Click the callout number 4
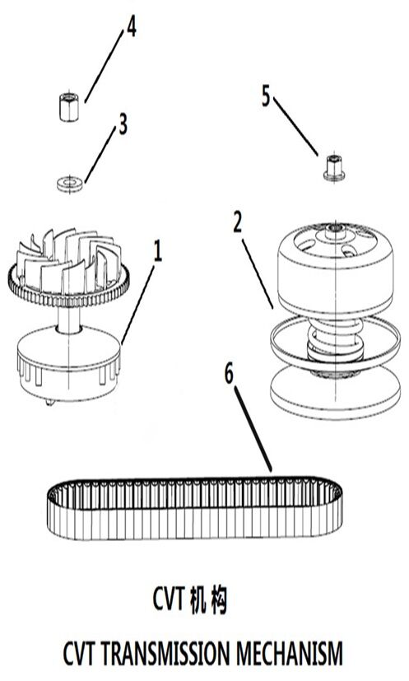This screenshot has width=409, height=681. pos(131,27)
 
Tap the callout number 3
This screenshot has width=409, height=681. pos(123,124)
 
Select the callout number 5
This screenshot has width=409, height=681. pos(265,96)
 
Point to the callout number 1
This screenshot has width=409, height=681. pos(158,252)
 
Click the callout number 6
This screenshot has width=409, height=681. pos(229,374)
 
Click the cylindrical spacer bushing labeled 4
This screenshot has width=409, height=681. pos(68,107)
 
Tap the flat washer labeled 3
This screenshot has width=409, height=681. pos(70,184)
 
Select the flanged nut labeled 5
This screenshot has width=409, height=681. pos(334,168)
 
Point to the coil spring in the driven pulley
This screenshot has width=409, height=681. pos(335,341)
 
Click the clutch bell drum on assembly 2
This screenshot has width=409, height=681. pos(335,267)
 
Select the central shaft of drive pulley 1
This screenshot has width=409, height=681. pos(69,319)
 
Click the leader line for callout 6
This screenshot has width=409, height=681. pos(253,429)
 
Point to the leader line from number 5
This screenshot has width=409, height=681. pos(295,126)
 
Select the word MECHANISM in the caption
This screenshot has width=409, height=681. pos(290,653)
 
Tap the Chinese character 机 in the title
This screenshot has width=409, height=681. pos(198,599)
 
